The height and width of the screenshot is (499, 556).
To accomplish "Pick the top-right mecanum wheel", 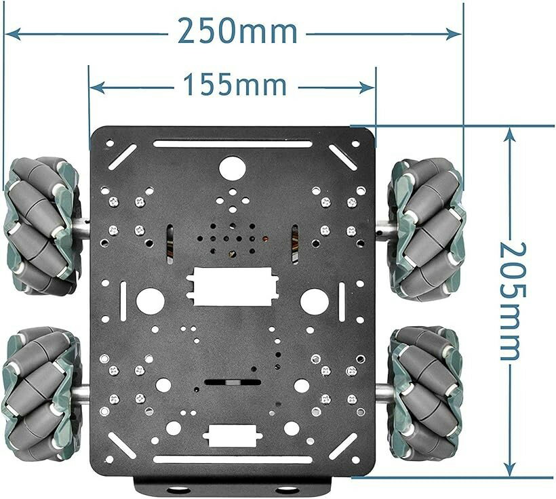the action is point(426,230).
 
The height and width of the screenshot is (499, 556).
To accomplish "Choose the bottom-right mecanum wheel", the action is point(426,394).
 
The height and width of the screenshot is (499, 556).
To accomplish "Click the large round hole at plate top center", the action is point(233,168).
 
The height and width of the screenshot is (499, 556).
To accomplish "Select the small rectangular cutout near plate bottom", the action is point(233,435).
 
